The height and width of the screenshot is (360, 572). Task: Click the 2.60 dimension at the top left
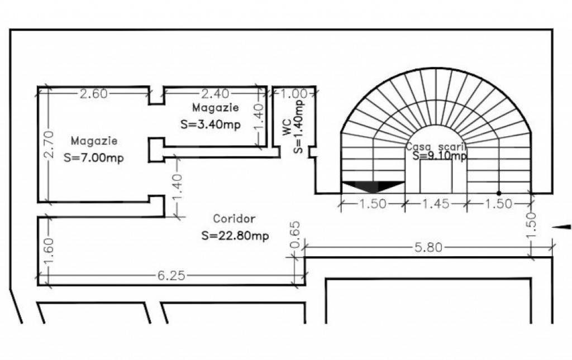[94, 94]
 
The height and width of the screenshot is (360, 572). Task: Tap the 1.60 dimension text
[48, 252]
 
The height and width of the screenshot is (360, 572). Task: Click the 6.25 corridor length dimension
[171, 276]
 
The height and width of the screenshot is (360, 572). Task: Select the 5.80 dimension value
[428, 247]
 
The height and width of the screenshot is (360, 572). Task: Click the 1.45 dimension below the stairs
[435, 204]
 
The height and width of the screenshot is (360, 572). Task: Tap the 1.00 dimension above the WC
[293, 94]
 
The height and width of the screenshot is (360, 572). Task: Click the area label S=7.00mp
[94, 158]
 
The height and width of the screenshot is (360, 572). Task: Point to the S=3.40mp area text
[211, 124]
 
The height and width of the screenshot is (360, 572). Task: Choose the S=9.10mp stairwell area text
[440, 156]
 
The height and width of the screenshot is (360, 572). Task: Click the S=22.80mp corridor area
[235, 236]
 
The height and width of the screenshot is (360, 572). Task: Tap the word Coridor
[235, 218]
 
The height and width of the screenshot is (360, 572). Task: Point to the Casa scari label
[435, 146]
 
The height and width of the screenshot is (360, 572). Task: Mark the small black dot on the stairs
[499, 193]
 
